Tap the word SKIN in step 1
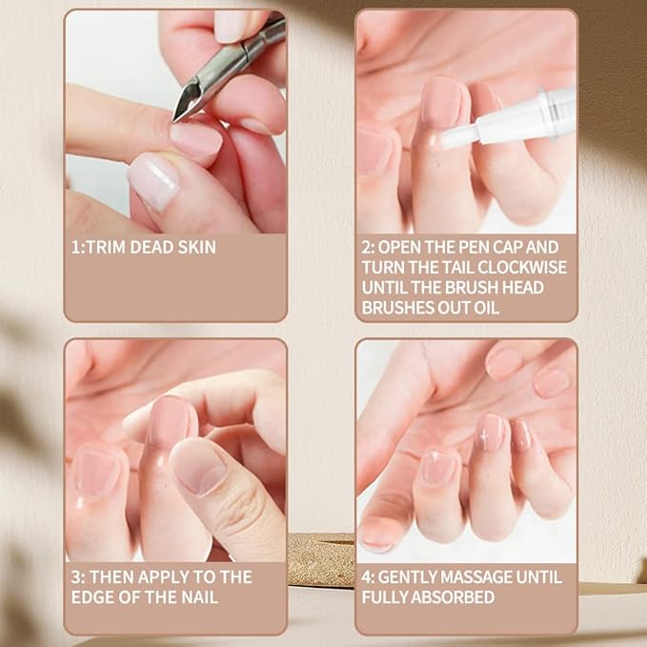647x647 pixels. pyautogui.click(x=193, y=248)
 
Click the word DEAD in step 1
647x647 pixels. pyautogui.click(x=153, y=248)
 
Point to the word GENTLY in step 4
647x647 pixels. pyautogui.click(x=413, y=576)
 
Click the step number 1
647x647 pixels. pyautogui.click(x=76, y=248)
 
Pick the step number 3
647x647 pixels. pyautogui.click(x=76, y=576)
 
